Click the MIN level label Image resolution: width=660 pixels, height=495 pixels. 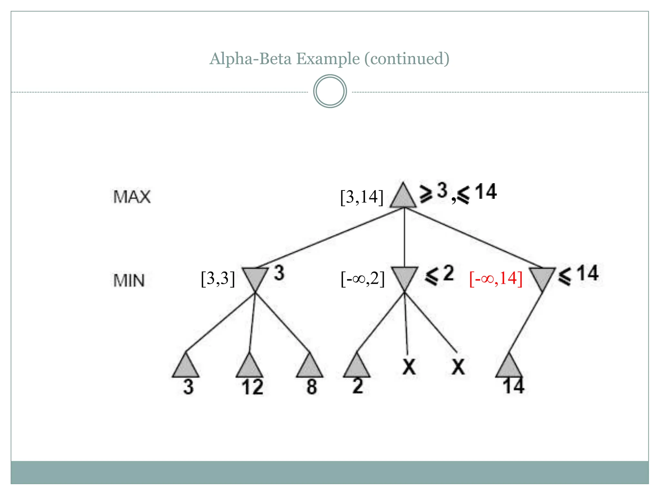coord(129,280)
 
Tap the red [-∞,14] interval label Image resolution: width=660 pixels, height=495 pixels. coord(496,278)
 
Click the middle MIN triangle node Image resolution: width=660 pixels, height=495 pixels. coord(404,277)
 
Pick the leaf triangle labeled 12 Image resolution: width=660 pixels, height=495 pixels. coord(249,367)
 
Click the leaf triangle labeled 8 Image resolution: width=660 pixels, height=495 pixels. coord(310,367)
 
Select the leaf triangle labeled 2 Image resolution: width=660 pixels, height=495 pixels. coord(357,367)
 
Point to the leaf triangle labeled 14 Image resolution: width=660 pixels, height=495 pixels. coord(509,367)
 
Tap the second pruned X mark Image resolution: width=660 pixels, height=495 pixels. coord(458,367)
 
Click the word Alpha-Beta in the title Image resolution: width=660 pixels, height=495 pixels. coord(250,59)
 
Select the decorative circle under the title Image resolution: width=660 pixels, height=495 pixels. coord(330,91)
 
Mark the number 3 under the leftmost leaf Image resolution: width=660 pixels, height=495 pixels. coord(188,387)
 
